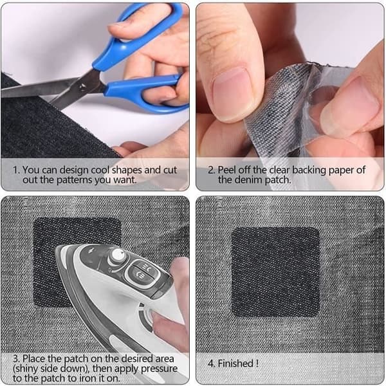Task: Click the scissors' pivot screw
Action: click(x=83, y=86)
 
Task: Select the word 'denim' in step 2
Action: click(x=248, y=180)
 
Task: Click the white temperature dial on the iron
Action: click(x=118, y=255)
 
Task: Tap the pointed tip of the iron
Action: click(x=58, y=248)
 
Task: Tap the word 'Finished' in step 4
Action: click(x=235, y=363)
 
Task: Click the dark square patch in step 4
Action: click(x=276, y=271)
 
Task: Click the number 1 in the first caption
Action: click(x=15, y=170)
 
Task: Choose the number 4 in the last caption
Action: click(x=211, y=363)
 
